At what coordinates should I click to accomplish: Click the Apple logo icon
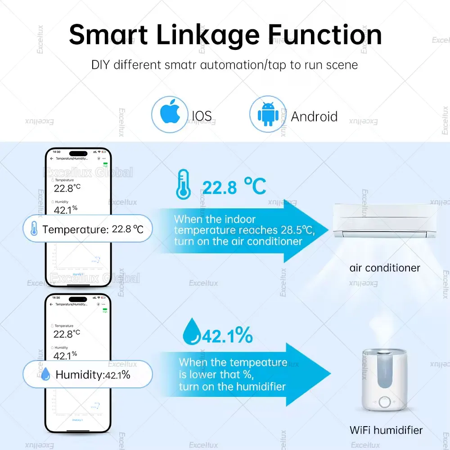pyautogui.click(x=169, y=114)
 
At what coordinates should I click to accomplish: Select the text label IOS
pyautogui.click(x=201, y=116)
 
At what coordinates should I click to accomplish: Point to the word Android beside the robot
pyautogui.click(x=314, y=117)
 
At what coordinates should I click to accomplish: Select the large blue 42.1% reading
pyautogui.click(x=227, y=335)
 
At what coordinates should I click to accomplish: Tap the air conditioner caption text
pyautogui.click(x=385, y=268)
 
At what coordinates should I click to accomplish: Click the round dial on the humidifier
pyautogui.click(x=385, y=402)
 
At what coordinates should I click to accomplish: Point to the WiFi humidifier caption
pyautogui.click(x=386, y=430)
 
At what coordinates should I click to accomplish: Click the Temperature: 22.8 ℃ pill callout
pyautogui.click(x=87, y=229)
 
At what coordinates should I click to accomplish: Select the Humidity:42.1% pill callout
pyautogui.click(x=87, y=374)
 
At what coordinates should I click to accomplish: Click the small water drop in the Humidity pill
pyautogui.click(x=45, y=373)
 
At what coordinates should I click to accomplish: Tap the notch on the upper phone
pyautogui.click(x=78, y=153)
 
